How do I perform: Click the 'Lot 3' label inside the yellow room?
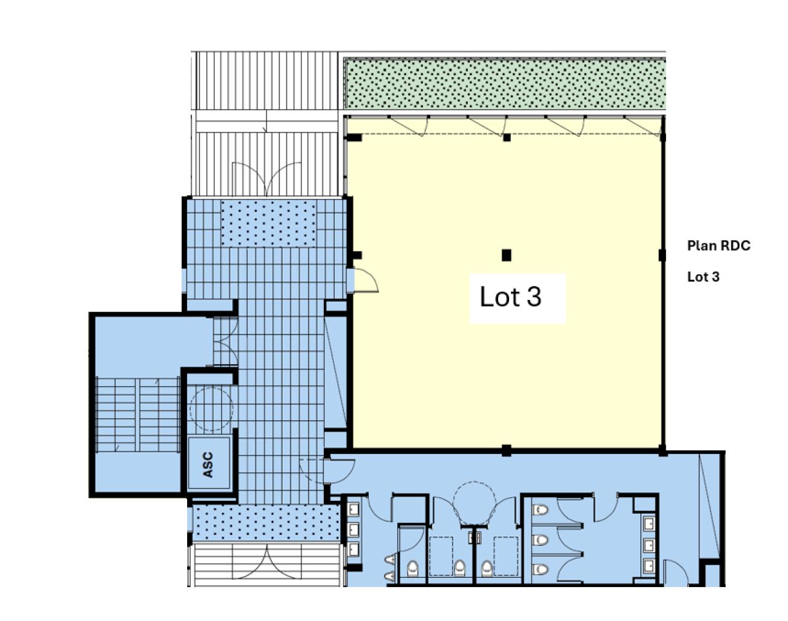click(511, 298)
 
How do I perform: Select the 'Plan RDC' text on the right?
click(718, 246)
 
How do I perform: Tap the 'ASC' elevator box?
click(208, 464)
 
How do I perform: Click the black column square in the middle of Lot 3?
click(507, 255)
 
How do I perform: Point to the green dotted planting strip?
click(504, 84)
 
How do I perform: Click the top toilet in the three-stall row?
click(541, 510)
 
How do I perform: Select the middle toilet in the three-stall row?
click(541, 540)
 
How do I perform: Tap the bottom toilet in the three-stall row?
click(541, 569)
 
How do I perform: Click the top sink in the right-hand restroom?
click(649, 524)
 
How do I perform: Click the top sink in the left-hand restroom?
click(353, 509)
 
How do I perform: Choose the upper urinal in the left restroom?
click(390, 559)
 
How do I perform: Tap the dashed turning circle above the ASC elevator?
click(211, 408)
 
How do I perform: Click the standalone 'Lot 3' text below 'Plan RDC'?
click(703, 277)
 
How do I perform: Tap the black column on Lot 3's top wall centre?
click(507, 137)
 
